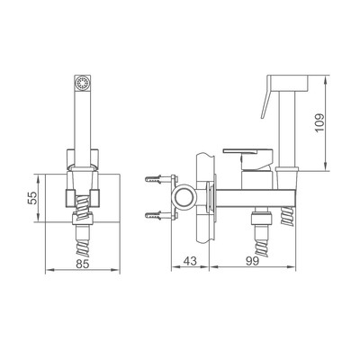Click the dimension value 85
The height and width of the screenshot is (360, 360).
(83, 264)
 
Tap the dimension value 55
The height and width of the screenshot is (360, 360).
(32, 198)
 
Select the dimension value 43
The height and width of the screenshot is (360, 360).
(190, 261)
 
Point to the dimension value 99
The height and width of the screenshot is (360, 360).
(252, 261)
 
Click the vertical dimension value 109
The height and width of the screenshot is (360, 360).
(319, 122)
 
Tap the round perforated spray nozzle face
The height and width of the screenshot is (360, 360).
(83, 83)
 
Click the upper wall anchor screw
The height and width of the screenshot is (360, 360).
(157, 179)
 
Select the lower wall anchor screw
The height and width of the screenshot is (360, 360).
(157, 215)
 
